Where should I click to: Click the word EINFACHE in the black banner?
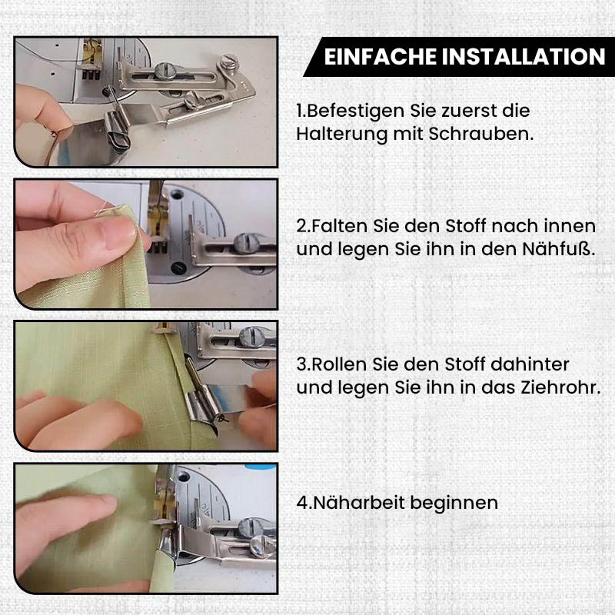380,56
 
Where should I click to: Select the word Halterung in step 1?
341,134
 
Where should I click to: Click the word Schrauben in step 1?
481,134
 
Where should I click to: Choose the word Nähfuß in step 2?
556,249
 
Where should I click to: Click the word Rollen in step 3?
339,364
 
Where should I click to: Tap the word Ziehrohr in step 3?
560,387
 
